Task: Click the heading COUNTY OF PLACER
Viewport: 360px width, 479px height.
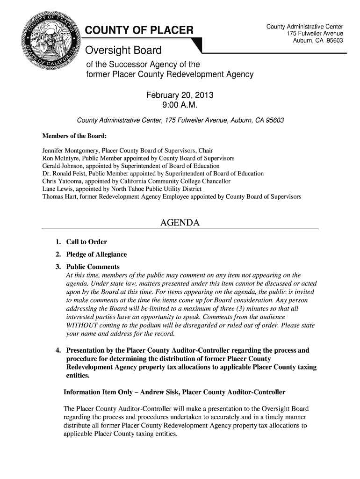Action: coord(138,31)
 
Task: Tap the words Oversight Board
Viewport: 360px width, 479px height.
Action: coord(123,50)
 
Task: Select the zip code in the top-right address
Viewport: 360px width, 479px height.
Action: coord(334,41)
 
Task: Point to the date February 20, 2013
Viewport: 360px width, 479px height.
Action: coord(180,95)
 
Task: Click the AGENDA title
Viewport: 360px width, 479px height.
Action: coord(180,223)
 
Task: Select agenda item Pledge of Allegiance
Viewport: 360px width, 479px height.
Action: coord(96,254)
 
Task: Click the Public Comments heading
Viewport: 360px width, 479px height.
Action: coord(93,267)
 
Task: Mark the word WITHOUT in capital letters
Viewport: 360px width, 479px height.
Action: coord(82,325)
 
